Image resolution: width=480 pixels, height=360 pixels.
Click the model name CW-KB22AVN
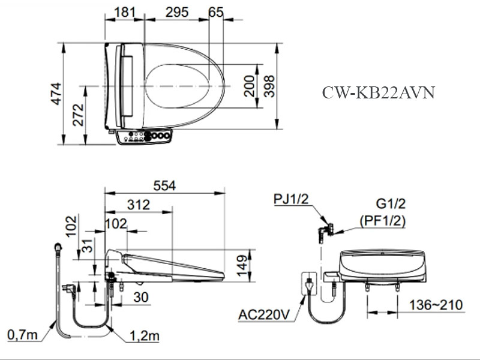[378, 93]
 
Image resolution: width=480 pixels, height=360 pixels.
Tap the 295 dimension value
[176, 12]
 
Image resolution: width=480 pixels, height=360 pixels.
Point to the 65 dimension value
[216, 12]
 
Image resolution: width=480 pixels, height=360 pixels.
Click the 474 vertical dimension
[56, 94]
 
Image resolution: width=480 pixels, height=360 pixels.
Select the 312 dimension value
[139, 205]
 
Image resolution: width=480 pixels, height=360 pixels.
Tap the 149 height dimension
[242, 264]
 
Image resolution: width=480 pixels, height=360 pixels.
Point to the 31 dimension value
[88, 246]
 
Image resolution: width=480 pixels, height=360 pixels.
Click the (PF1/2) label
[382, 221]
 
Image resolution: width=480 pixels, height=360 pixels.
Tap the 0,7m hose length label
[23, 334]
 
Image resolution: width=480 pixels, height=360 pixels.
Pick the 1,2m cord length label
[145, 336]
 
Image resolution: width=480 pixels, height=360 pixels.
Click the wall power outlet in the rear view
[310, 284]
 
